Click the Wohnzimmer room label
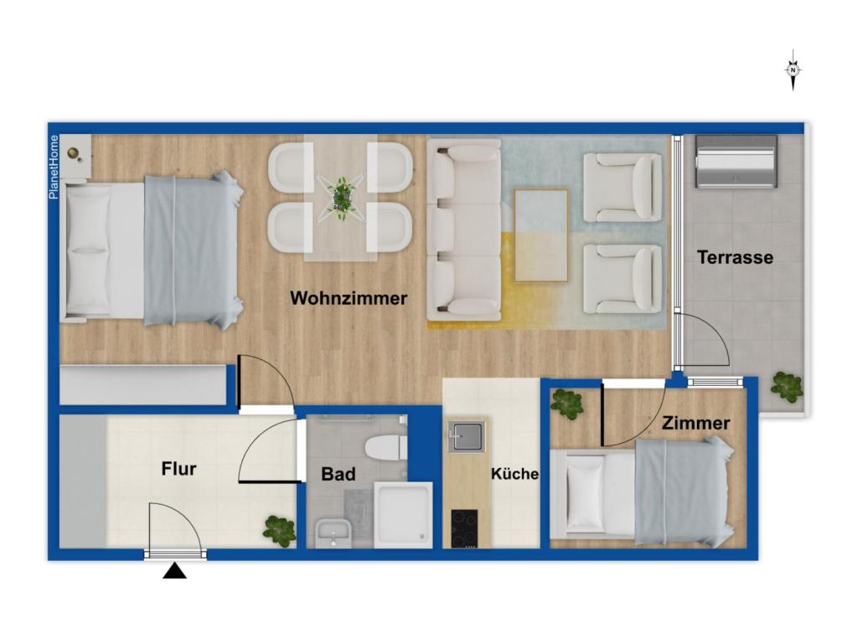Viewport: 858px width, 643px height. pos(349,298)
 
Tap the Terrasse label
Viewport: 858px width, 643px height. pos(735,258)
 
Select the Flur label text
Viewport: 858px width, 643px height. pos(178,469)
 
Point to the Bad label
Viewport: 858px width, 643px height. pos(339,474)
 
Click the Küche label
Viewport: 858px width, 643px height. pos(514,474)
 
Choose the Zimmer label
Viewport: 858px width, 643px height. pos(695,424)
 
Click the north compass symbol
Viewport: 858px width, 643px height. pos(793,71)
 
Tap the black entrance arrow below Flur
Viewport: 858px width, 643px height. pos(174,571)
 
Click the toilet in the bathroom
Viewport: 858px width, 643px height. pos(386,447)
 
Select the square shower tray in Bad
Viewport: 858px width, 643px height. pos(403,514)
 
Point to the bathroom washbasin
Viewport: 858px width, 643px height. pos(333,531)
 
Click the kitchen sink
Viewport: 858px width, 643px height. pos(466,436)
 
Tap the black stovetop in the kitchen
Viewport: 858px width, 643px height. pos(464,528)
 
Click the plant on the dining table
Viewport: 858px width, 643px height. pos(340,198)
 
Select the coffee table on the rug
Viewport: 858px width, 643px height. pos(540,234)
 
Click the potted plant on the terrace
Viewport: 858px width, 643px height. pos(786,386)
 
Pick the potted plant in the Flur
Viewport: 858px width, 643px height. pos(279,530)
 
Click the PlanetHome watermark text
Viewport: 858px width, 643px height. pos(54,167)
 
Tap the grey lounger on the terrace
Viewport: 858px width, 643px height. pos(735,161)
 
